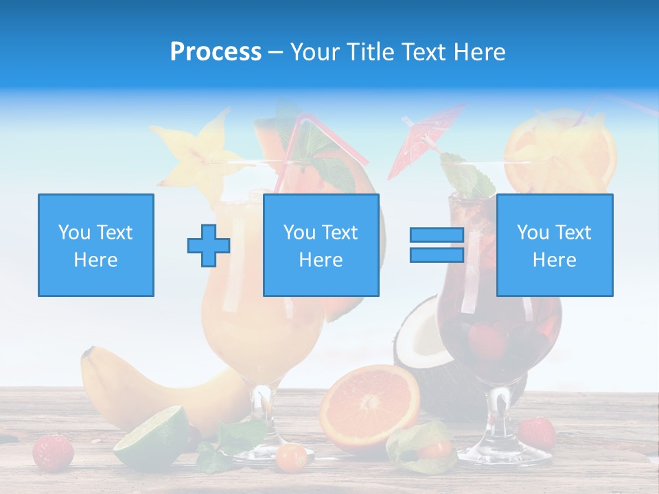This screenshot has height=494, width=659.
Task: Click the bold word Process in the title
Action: [x=216, y=52]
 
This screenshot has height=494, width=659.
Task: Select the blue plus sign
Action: [x=208, y=246]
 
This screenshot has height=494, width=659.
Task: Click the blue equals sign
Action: [x=437, y=245]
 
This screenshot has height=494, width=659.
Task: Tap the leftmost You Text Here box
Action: [x=95, y=245]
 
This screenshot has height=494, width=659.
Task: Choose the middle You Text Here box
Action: [x=321, y=245]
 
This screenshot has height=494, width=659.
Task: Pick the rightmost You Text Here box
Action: [x=554, y=245]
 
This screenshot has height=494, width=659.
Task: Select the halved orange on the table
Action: [x=370, y=405]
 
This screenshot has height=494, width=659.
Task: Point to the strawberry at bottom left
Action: [x=53, y=451]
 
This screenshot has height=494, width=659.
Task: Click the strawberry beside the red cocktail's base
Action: [x=537, y=432]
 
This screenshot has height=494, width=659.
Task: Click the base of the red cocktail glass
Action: [x=503, y=453]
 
